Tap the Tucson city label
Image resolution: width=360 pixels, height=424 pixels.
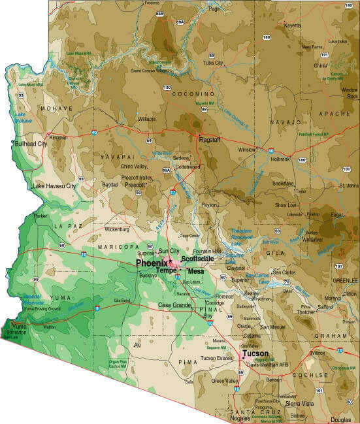[x=255, y=353]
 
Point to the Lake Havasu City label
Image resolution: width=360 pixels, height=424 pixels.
[x=54, y=186]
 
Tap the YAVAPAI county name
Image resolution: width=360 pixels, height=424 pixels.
[x=118, y=158]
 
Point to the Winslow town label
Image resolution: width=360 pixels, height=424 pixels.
[x=247, y=150]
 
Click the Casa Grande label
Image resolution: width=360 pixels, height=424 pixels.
[x=174, y=305]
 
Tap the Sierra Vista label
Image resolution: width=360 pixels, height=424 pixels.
[x=301, y=404]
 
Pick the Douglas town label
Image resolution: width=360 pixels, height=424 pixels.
[x=340, y=419]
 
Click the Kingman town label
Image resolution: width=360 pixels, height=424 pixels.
[x=58, y=139]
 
